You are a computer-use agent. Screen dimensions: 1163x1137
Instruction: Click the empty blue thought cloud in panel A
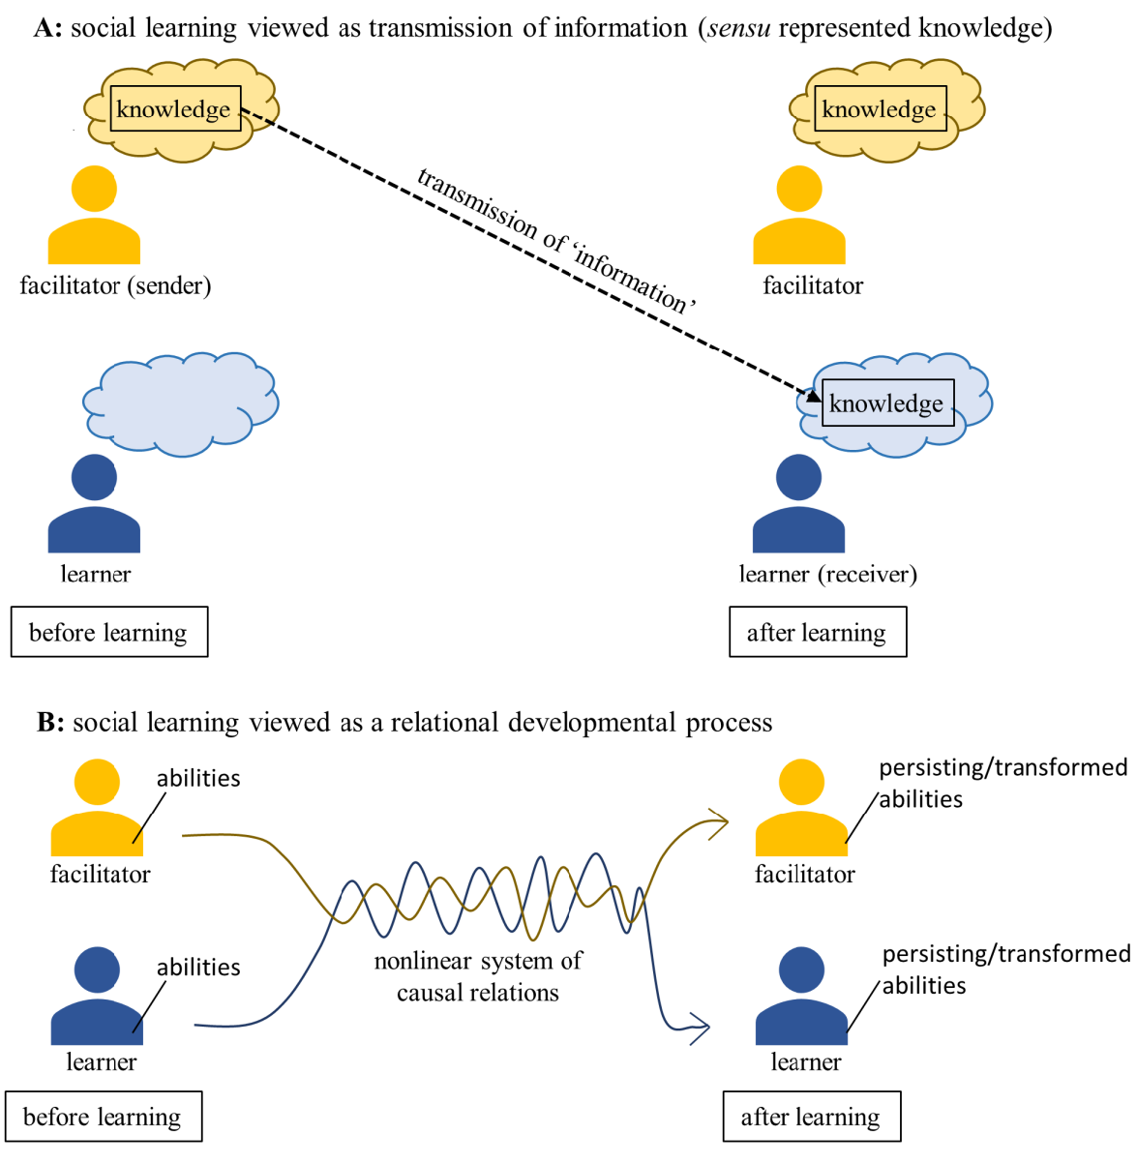[181, 403]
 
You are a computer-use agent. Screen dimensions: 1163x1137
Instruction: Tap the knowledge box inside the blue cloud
[886, 403]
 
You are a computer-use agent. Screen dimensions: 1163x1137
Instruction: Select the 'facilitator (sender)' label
[115, 285]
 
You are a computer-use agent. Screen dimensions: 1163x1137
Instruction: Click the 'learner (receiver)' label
[827, 574]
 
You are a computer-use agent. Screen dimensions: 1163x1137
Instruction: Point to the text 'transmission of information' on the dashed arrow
[556, 241]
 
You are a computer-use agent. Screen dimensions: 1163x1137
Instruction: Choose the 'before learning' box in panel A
[108, 632]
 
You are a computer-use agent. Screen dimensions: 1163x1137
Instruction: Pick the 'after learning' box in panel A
[817, 632]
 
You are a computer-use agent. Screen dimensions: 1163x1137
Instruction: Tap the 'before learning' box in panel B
[103, 1117]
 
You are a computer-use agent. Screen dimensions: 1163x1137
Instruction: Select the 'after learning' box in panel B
[811, 1117]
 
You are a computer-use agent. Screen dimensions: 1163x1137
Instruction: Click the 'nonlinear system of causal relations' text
[478, 976]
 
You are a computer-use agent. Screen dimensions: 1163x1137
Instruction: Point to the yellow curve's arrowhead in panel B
[718, 823]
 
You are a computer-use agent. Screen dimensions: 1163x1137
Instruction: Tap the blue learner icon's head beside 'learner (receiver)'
[798, 477]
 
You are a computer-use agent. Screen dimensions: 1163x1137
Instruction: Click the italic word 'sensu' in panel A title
[738, 27]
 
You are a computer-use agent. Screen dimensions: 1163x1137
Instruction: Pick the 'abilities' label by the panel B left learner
[198, 967]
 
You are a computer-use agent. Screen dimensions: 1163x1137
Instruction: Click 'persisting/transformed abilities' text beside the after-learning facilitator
[1002, 783]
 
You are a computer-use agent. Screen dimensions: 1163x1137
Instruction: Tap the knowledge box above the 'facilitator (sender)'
[174, 108]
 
